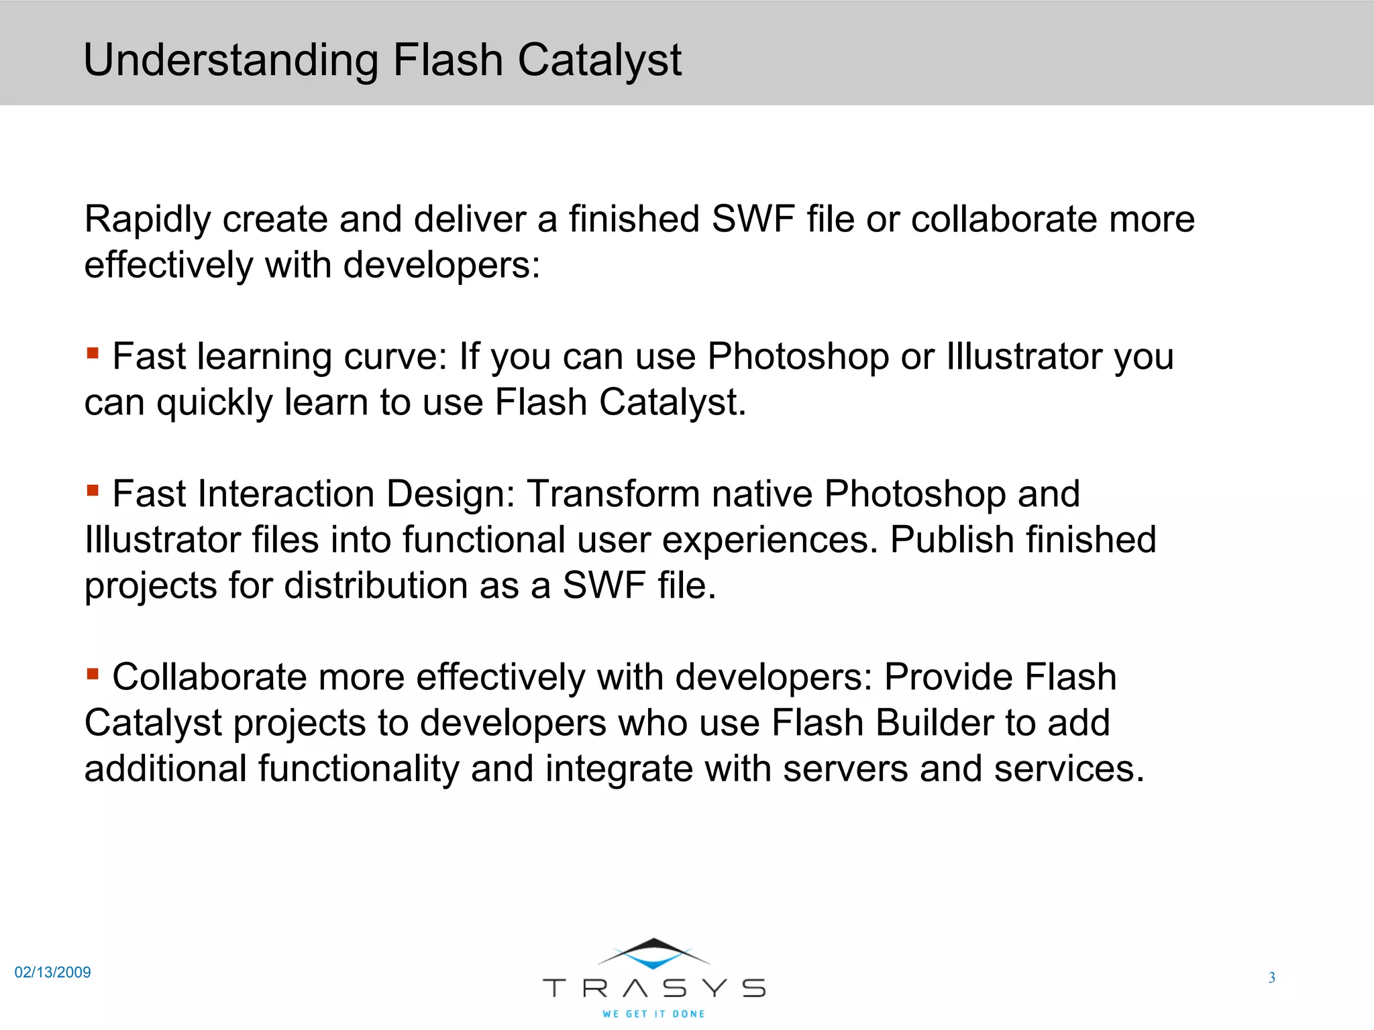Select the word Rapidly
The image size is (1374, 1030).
click(148, 220)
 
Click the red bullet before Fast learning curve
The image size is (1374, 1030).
click(93, 352)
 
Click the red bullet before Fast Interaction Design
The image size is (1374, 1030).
click(93, 490)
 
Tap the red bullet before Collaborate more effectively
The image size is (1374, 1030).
click(93, 673)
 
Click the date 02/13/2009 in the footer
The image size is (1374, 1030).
click(53, 972)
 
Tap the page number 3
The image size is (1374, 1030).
click(1271, 978)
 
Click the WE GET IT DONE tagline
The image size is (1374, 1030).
click(653, 1014)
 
